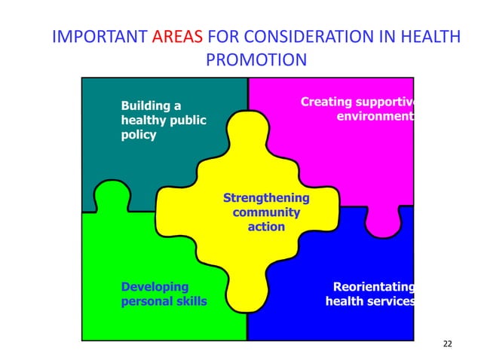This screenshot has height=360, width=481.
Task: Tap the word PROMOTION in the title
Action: click(256, 59)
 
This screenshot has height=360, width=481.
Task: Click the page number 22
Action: click(448, 344)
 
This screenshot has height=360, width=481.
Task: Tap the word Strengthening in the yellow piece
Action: click(266, 198)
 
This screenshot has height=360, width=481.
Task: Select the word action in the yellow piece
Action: click(266, 226)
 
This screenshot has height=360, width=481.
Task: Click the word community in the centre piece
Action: click(266, 212)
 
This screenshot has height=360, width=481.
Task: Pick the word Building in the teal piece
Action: click(146, 106)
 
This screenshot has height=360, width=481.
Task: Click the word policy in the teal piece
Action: click(139, 135)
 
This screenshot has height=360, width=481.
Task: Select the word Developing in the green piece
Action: click(155, 287)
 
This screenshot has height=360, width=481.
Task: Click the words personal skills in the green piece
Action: click(164, 301)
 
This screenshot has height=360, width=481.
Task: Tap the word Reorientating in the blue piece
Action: click(374, 287)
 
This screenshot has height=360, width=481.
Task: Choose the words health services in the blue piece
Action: click(369, 301)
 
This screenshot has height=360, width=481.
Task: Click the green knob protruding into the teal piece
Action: click(112, 195)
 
